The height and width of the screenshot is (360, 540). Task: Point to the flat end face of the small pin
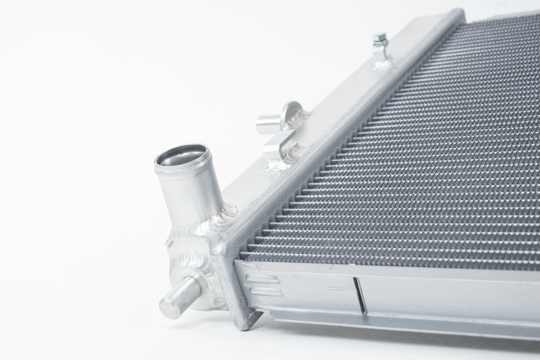point(169,306)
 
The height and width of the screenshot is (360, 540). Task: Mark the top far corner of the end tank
point(460,12)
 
